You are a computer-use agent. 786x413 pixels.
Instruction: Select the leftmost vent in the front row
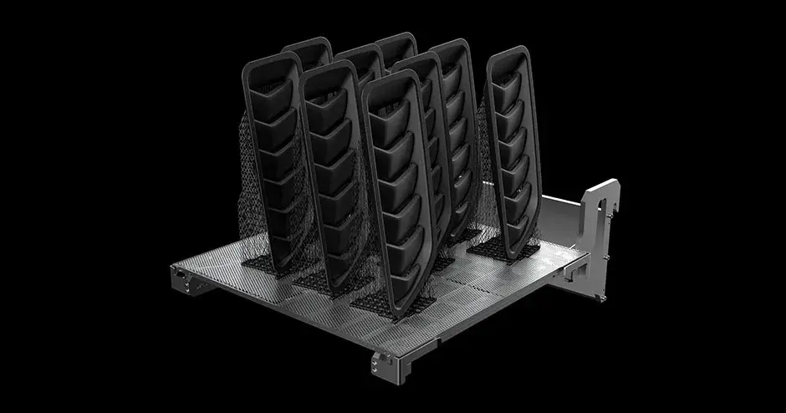[269, 159]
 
